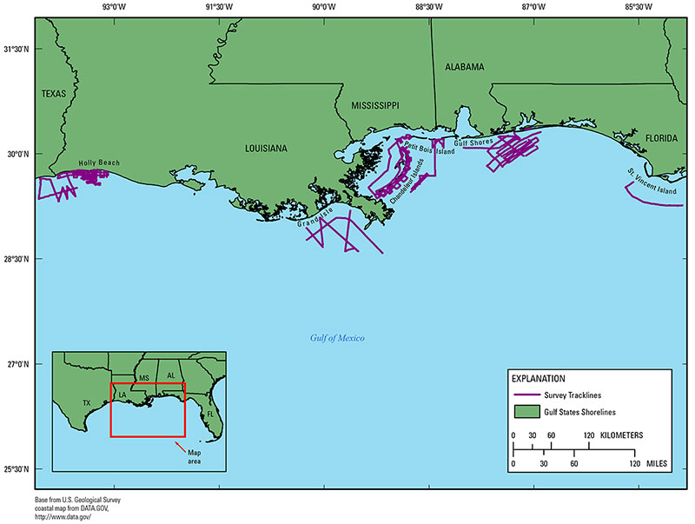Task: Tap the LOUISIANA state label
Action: (x=265, y=149)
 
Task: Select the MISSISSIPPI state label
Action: (x=374, y=105)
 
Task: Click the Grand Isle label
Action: (x=314, y=222)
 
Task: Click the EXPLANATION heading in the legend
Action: (x=538, y=379)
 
